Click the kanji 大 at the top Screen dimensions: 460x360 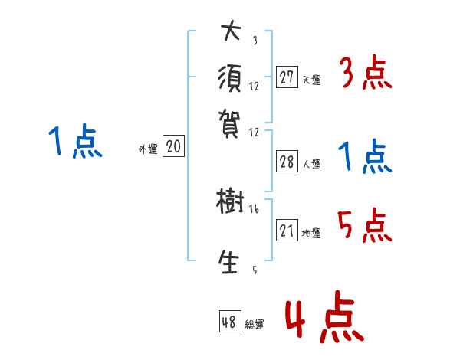pos(231,33)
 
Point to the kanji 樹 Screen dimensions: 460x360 pos(231,203)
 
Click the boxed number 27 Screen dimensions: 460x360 pos(287,77)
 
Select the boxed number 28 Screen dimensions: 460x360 pos(287,162)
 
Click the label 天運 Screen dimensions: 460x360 pos(311,80)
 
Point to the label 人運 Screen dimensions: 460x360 pos(311,164)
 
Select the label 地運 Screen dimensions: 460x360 pos(311,233)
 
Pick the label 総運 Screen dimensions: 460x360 pos(255,324)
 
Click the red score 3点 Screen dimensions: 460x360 pos(365,74)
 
